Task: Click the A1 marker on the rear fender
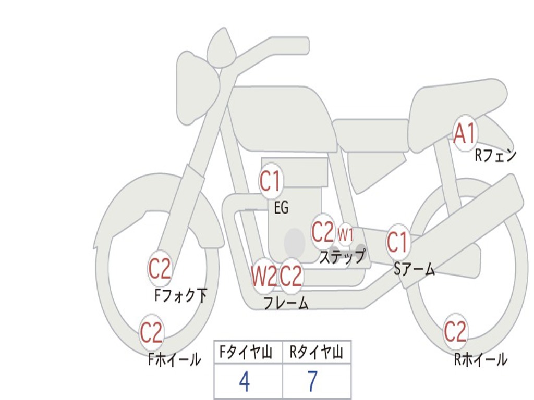click(464, 134)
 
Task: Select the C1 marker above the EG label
click(270, 181)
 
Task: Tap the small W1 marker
click(345, 234)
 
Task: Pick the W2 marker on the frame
click(263, 276)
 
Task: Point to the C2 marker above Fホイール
click(151, 332)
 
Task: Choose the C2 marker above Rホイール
click(455, 331)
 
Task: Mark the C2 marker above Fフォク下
click(160, 269)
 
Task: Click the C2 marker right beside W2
click(291, 276)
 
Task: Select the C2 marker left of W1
click(322, 232)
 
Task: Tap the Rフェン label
click(495, 155)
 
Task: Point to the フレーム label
click(286, 303)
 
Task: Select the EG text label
click(281, 208)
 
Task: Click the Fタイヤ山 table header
click(248, 353)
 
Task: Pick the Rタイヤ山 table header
click(317, 353)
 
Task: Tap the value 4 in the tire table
click(244, 382)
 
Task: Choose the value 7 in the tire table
click(312, 382)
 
